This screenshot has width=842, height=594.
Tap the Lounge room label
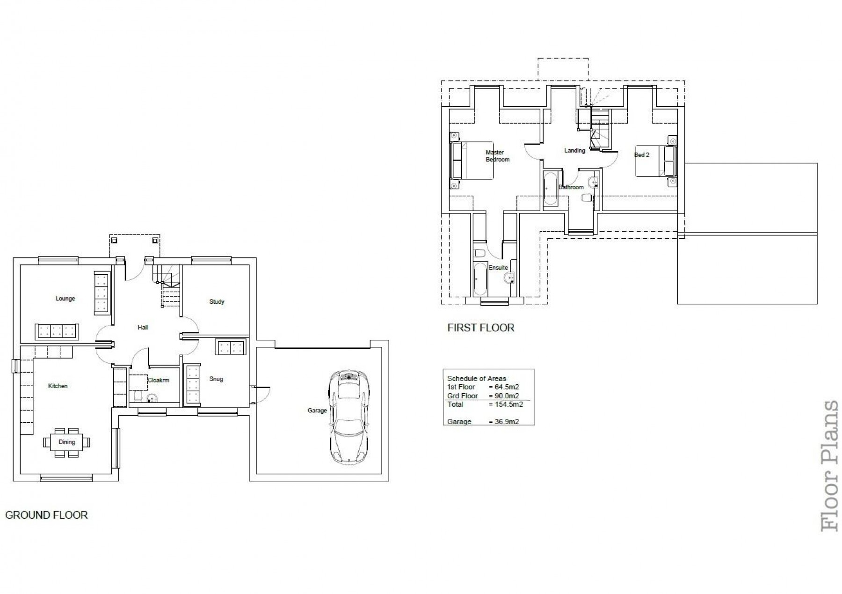coord(65,299)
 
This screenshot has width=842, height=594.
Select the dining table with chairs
coord(66,442)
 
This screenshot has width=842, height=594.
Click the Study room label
coord(217,302)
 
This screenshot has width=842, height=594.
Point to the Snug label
coord(216,379)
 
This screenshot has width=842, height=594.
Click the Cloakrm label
coord(158,381)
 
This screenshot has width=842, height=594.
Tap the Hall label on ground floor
coord(143,328)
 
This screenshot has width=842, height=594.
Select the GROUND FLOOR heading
coord(46,515)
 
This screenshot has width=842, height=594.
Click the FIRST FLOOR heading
coord(480,328)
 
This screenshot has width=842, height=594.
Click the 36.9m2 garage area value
coord(504,422)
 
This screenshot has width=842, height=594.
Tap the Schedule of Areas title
coord(477,379)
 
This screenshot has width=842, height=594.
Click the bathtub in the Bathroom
coord(550,188)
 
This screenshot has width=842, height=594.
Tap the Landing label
coord(574,151)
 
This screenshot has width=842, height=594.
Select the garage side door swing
coord(261,395)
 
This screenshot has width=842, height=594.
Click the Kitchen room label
coord(58,386)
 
